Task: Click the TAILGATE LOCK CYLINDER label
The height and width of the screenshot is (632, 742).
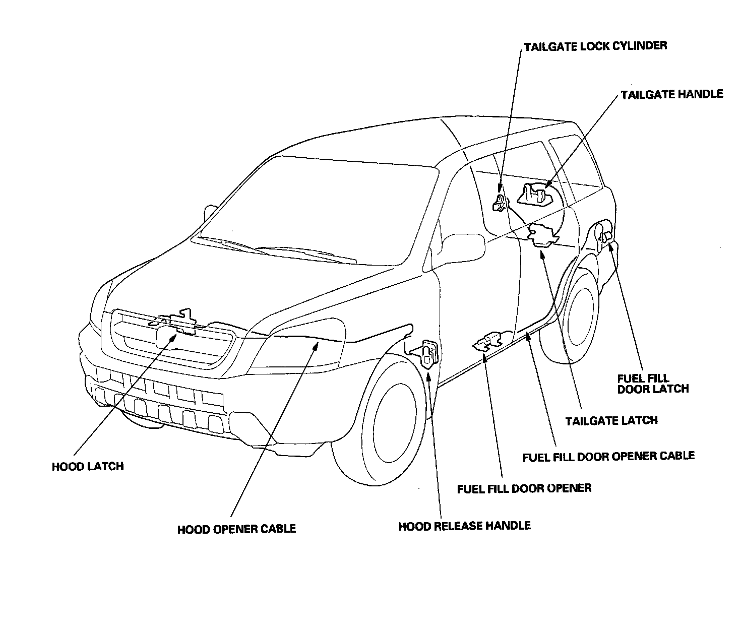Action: click(x=595, y=46)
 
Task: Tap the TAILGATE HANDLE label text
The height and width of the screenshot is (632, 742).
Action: click(x=671, y=94)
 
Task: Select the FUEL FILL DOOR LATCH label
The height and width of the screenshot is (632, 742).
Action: click(x=653, y=384)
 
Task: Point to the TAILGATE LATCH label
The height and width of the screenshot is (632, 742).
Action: click(x=611, y=420)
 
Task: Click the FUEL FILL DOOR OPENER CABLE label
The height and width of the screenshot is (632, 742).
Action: click(x=608, y=457)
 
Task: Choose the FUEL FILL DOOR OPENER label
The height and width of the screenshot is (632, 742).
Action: click(x=524, y=488)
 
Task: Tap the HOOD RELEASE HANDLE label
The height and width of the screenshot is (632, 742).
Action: click(x=464, y=526)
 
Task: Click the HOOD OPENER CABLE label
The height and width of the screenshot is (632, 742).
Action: click(x=236, y=529)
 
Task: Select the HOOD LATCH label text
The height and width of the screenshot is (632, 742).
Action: click(x=88, y=466)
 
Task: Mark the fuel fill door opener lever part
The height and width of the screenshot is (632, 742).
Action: click(x=487, y=341)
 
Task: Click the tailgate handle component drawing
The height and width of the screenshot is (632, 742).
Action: click(x=535, y=194)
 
